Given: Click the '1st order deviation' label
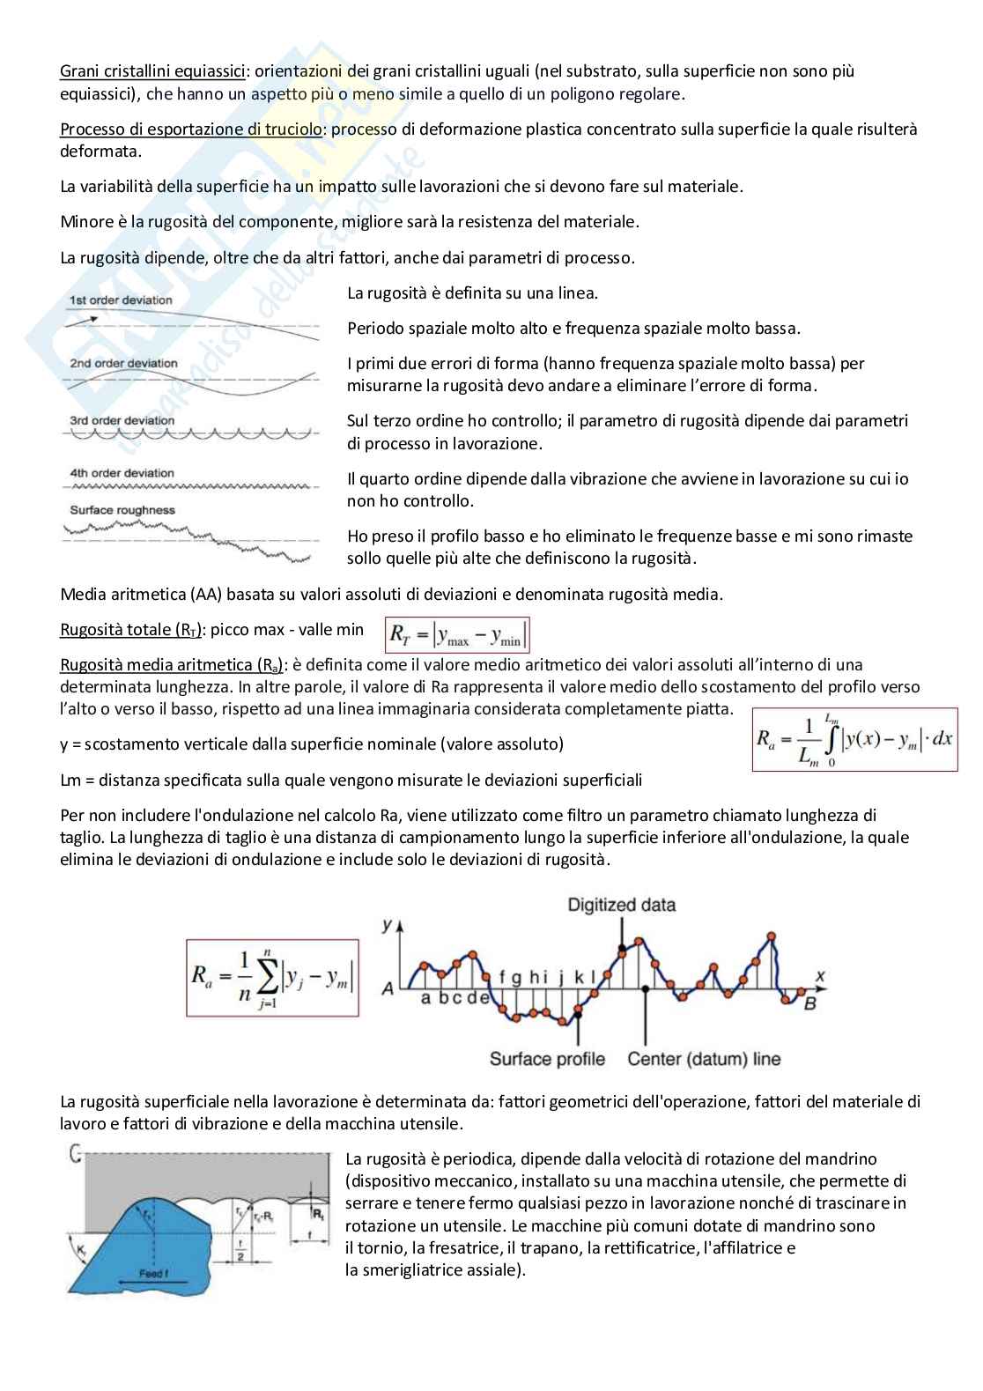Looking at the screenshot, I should (x=121, y=300).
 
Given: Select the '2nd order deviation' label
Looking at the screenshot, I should (x=123, y=363).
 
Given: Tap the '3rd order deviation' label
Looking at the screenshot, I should (x=122, y=420).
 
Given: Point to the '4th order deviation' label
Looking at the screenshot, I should (x=122, y=473).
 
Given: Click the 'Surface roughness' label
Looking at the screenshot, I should (x=122, y=510).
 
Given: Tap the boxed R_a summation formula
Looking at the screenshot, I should (x=272, y=978).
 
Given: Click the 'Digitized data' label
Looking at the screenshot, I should (x=621, y=905).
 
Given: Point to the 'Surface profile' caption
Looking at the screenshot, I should (x=547, y=1058).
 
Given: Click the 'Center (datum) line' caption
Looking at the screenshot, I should (x=704, y=1058).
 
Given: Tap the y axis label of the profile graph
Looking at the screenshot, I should (x=387, y=924).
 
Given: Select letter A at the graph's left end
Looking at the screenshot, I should (x=388, y=988).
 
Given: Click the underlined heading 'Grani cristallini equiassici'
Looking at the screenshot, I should (x=152, y=71).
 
